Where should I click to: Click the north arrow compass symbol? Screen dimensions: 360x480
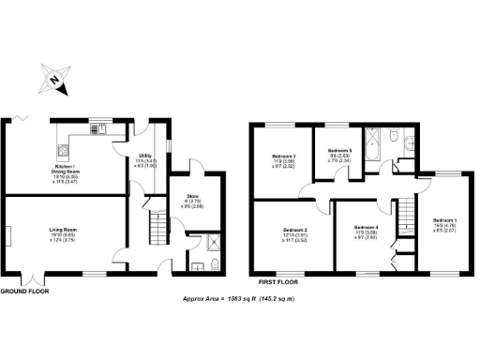pyautogui.click(x=53, y=81)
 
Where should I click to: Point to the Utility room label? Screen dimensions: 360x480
pyautogui.click(x=146, y=160)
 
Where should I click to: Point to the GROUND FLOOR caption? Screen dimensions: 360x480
pyautogui.click(x=24, y=292)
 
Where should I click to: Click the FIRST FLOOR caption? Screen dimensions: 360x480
pyautogui.click(x=282, y=279)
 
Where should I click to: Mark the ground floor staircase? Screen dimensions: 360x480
pyautogui.click(x=157, y=229)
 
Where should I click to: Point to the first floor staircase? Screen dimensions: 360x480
pyautogui.click(x=406, y=218)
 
